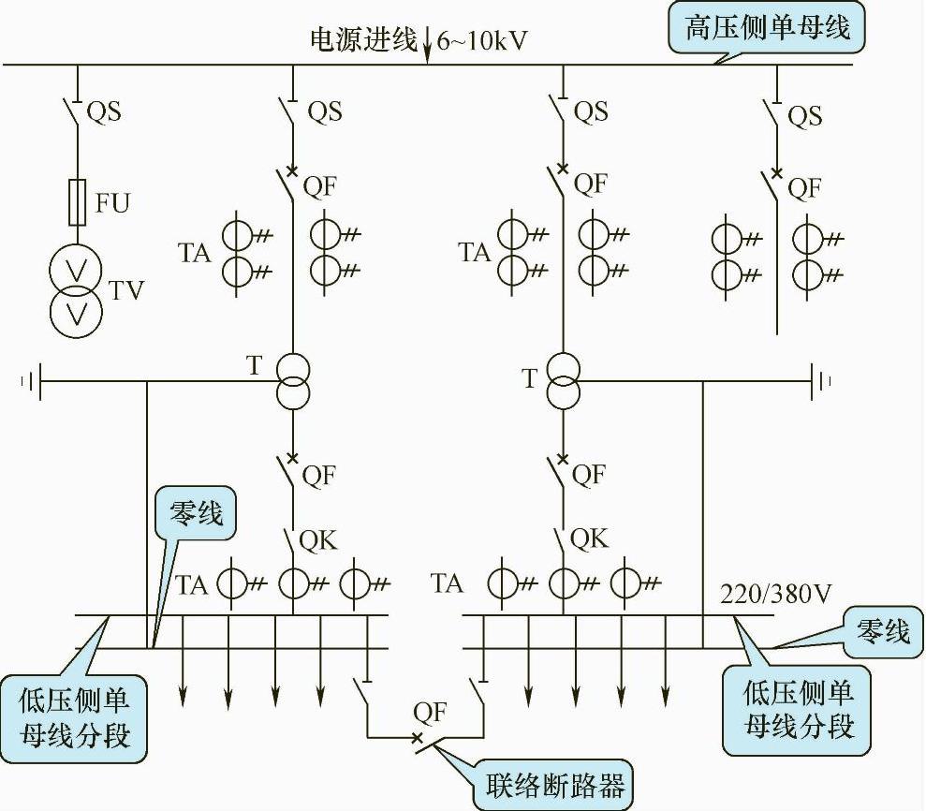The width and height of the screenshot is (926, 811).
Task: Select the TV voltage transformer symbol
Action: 77,290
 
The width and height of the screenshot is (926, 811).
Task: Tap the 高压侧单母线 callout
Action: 768,29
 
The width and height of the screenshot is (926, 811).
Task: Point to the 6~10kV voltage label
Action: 483,41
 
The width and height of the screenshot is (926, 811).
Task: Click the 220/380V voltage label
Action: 771,594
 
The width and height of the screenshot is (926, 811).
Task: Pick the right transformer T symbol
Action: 563,379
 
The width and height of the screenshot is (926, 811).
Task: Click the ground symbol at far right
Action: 824,381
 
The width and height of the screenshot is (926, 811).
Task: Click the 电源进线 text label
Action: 364,40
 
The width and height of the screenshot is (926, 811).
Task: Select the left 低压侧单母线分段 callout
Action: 79,716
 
